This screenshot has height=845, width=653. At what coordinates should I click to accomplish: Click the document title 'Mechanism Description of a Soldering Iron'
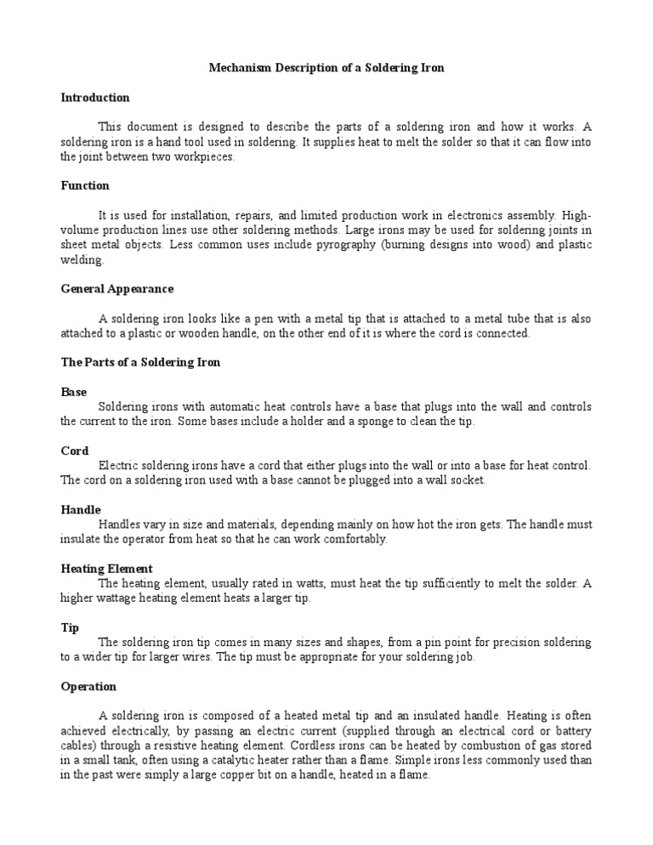click(326, 68)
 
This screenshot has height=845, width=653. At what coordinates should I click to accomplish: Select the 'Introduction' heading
click(95, 98)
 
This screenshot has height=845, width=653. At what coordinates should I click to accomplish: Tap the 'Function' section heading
click(85, 185)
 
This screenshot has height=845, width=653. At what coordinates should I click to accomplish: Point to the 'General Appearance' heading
click(117, 289)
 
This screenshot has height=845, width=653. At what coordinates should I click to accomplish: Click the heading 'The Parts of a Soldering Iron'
click(140, 362)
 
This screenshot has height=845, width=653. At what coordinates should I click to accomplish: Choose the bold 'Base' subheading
click(74, 393)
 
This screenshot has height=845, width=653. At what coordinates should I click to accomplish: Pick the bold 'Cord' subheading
click(75, 451)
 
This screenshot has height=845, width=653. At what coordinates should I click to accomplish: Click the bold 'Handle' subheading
click(81, 510)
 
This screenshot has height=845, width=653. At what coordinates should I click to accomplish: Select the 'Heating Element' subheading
click(106, 569)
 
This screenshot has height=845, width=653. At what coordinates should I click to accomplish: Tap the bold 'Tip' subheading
click(70, 627)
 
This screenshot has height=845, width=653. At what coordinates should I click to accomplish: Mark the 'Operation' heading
click(88, 686)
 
